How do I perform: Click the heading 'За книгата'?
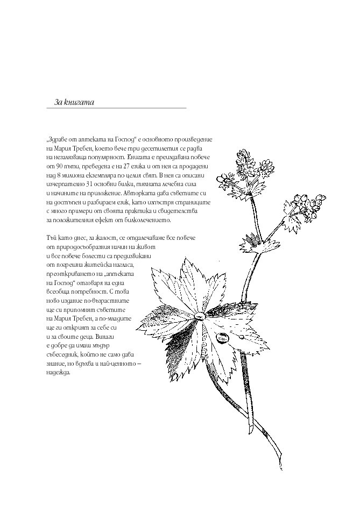coord(74,102)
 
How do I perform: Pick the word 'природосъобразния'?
coord(81,246)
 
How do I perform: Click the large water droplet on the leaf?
coord(222,338)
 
